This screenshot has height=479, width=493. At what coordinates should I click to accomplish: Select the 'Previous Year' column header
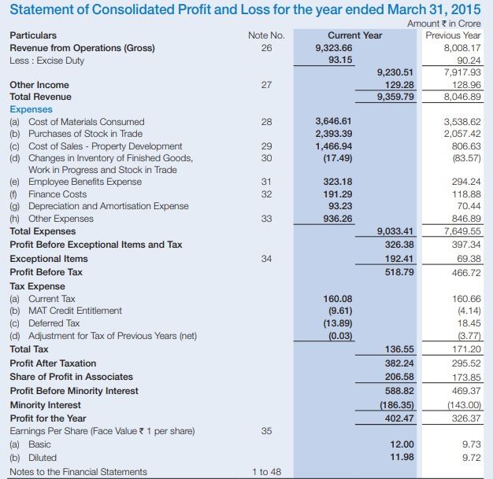pos(452,35)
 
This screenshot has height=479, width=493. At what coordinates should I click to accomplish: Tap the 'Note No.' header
pos(266,35)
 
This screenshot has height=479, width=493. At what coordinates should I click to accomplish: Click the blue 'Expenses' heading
pos(31,109)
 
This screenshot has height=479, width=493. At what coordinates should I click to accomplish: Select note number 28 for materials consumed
pos(265,122)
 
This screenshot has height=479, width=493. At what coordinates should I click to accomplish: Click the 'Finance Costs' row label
pos(57,193)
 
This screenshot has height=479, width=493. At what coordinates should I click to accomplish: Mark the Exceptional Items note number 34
pos(265,259)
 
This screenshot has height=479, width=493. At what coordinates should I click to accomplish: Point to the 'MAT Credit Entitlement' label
pos(75,311)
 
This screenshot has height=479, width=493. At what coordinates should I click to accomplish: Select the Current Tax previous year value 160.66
pos(463,299)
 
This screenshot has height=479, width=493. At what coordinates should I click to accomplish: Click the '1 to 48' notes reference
pos(266,472)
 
